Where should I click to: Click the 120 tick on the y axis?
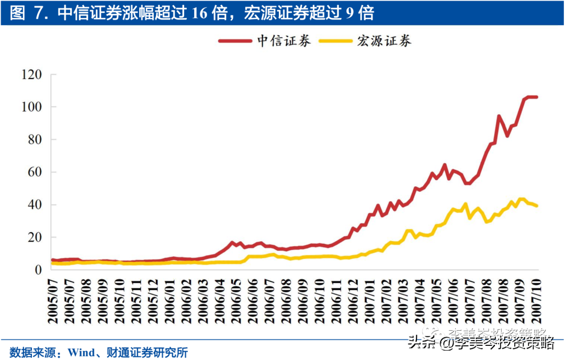(x=31, y=75)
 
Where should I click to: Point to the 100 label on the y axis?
(x=31, y=107)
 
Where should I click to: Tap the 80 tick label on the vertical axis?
(x=35, y=140)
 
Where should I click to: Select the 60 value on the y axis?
(x=35, y=172)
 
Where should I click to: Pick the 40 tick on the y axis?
(x=35, y=205)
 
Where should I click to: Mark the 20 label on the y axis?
(x=35, y=237)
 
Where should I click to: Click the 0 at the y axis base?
(x=38, y=269)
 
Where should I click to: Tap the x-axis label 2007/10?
(x=537, y=301)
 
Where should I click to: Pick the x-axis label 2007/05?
(x=436, y=301)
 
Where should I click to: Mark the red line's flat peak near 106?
(x=532, y=97)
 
